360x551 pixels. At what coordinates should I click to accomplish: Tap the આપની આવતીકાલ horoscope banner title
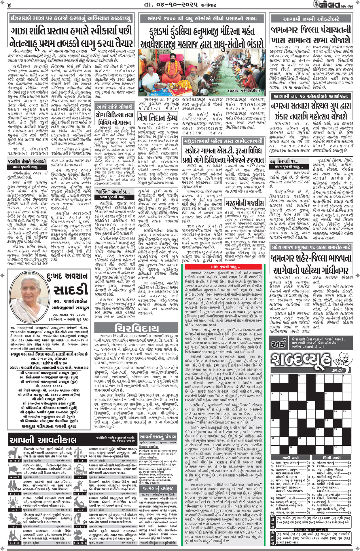(43, 440)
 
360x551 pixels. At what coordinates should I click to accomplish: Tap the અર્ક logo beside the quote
(278, 344)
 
